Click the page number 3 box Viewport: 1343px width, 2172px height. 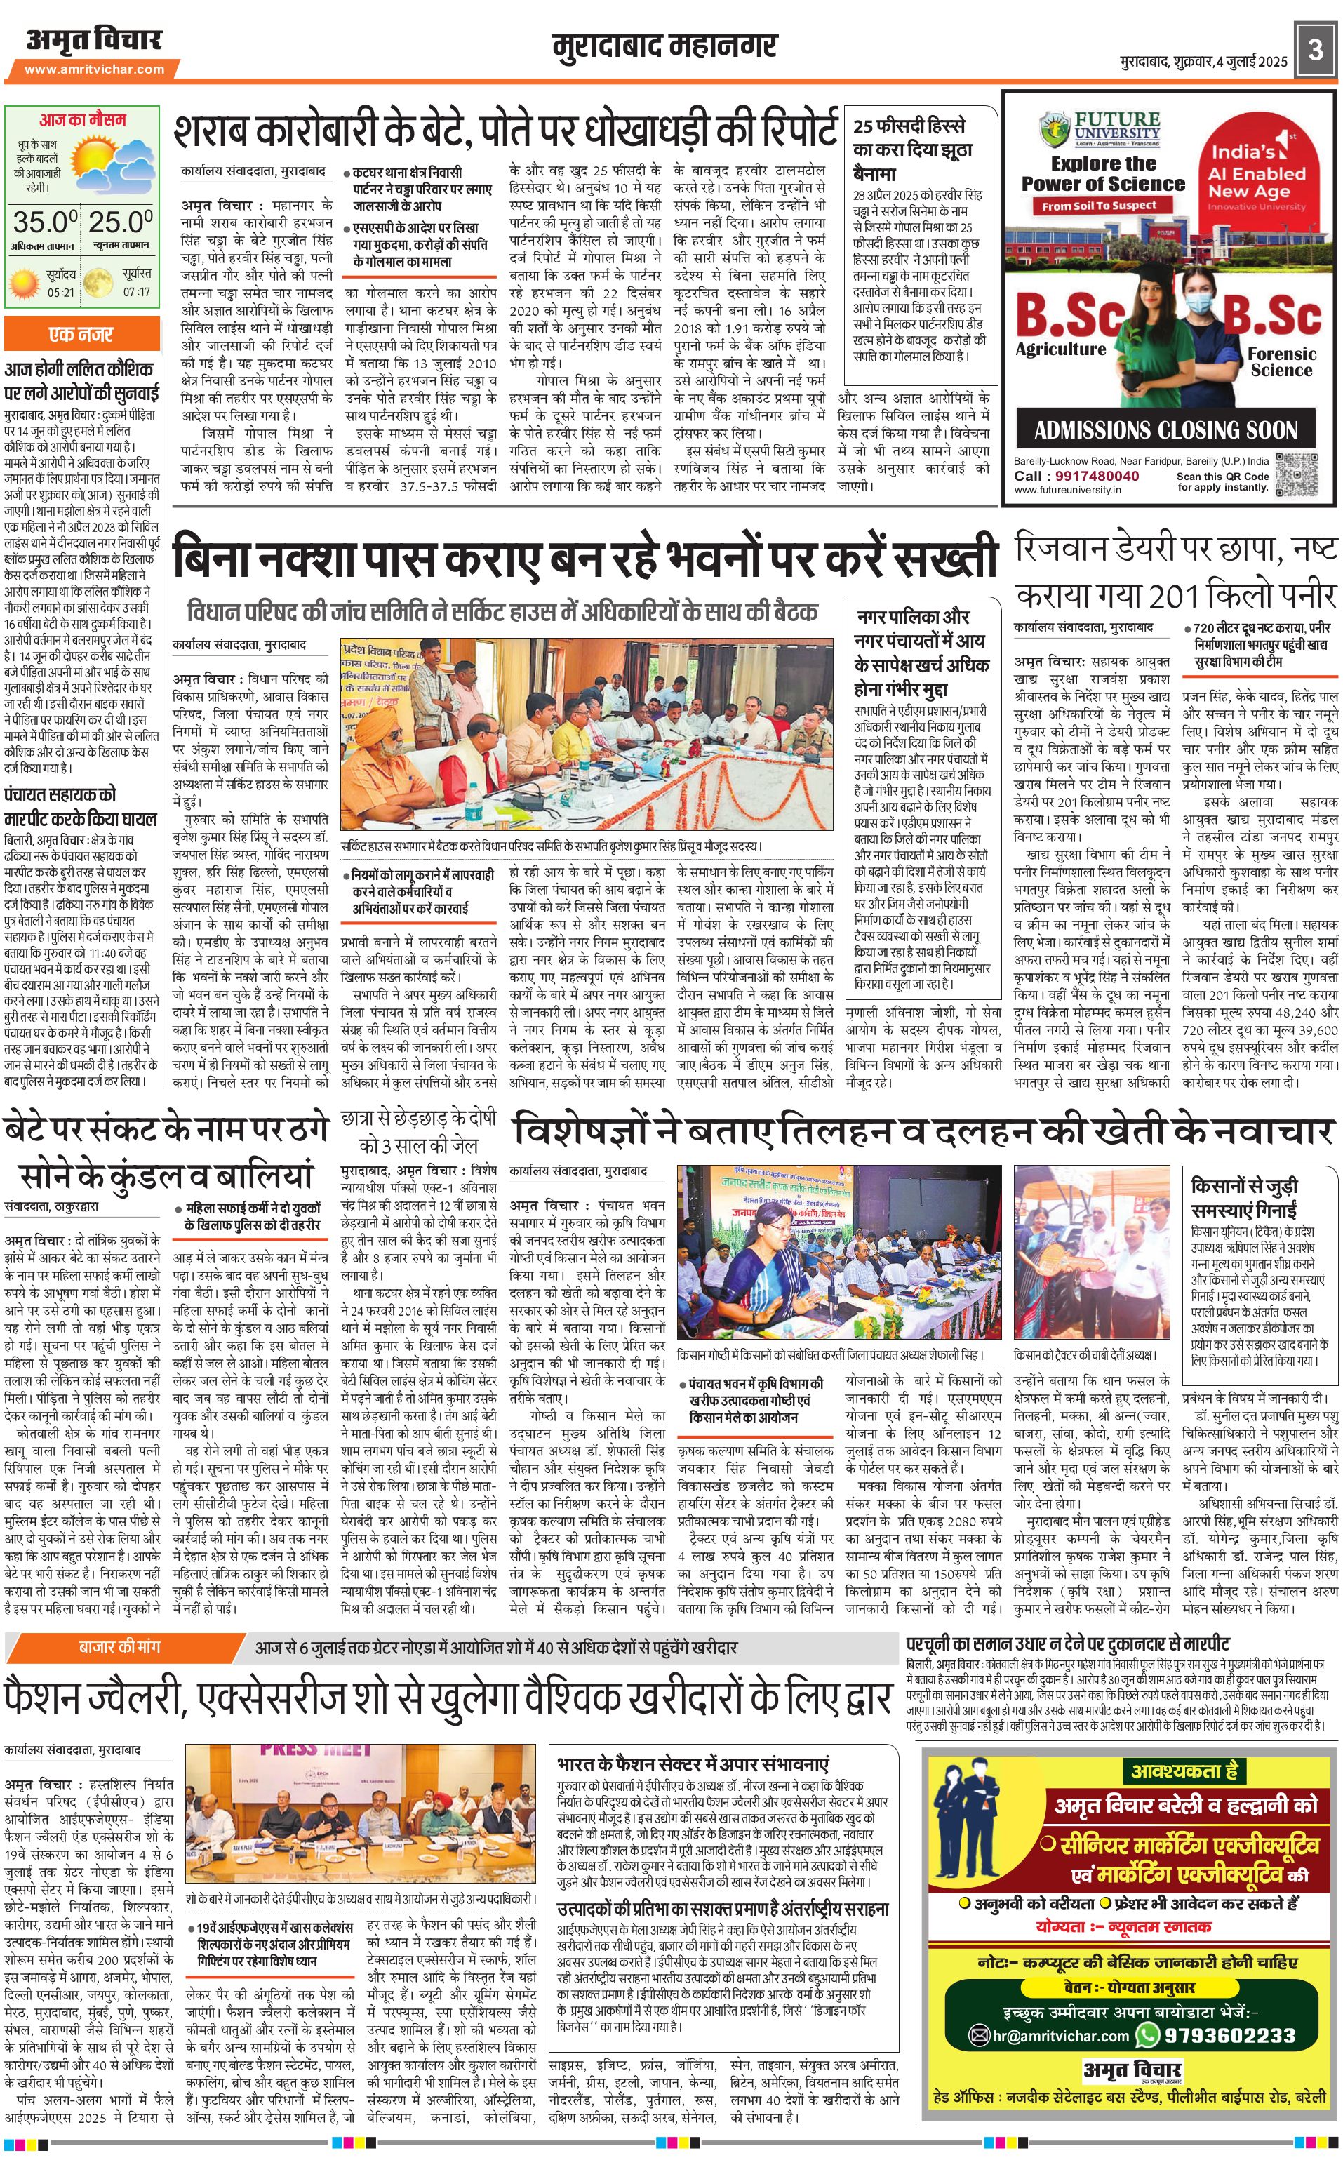click(1316, 51)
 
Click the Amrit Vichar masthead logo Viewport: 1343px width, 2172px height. click(93, 41)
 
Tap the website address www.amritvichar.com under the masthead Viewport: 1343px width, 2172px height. click(94, 69)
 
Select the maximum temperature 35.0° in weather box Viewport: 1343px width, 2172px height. click(44, 221)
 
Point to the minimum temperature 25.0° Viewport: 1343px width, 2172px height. click(121, 221)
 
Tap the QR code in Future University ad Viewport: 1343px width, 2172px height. click(1297, 469)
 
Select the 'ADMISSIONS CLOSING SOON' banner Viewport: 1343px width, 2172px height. click(1165, 431)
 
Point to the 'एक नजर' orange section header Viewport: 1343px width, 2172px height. click(81, 335)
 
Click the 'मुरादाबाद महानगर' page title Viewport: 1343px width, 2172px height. click(664, 47)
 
